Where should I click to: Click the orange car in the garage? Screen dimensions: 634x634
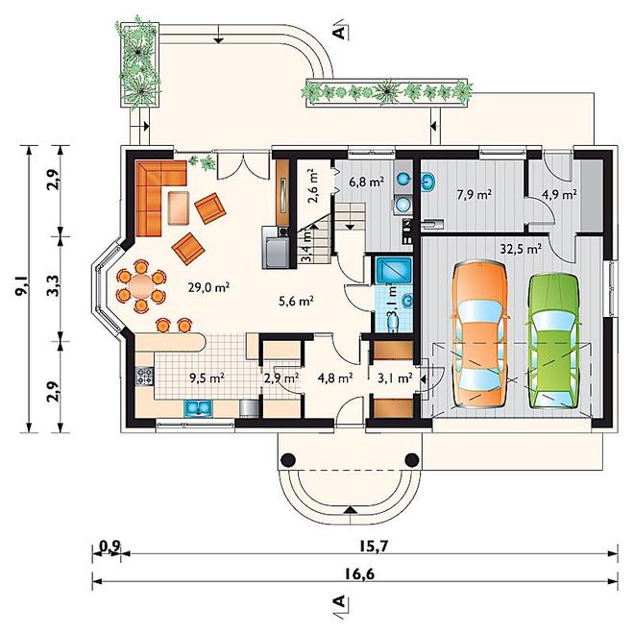(x=479, y=335)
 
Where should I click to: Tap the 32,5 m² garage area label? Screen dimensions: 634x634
(x=522, y=249)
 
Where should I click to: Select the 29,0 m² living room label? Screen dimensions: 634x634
(x=209, y=287)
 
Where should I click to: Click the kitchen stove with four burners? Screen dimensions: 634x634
(x=145, y=376)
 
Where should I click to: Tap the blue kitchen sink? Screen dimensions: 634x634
(x=198, y=408)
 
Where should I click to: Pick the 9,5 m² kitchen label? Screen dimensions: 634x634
(x=207, y=378)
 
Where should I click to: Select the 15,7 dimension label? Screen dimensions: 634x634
(x=374, y=547)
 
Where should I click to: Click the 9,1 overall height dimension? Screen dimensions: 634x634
(x=20, y=286)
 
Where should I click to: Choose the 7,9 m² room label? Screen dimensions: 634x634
(x=475, y=195)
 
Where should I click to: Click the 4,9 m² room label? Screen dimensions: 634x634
(x=559, y=194)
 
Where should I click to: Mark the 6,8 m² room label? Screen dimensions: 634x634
(x=366, y=182)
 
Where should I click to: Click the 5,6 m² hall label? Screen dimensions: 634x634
(x=297, y=301)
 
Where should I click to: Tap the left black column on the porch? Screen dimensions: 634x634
(x=288, y=460)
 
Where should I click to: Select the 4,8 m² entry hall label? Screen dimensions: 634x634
(x=335, y=378)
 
